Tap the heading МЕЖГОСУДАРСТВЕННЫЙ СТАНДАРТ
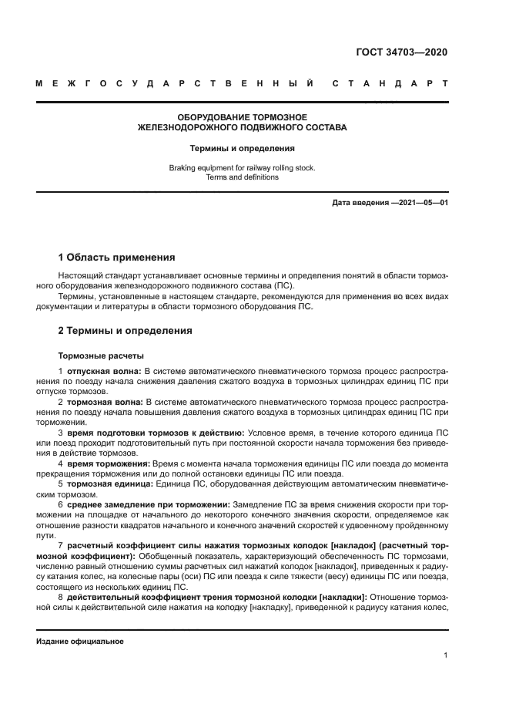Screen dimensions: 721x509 point(242,83)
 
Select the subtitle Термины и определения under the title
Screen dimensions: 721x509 point(242,148)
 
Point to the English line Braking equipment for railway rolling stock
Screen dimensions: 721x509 point(242,167)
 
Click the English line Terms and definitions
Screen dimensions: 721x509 point(242,177)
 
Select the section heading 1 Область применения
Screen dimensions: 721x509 point(117,258)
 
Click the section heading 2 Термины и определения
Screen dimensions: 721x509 point(126,331)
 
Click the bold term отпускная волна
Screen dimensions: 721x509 point(105,371)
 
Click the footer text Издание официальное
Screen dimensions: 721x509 point(79,642)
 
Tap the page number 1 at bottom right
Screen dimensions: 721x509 point(446,655)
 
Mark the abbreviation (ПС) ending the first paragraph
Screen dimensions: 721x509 point(272,285)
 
